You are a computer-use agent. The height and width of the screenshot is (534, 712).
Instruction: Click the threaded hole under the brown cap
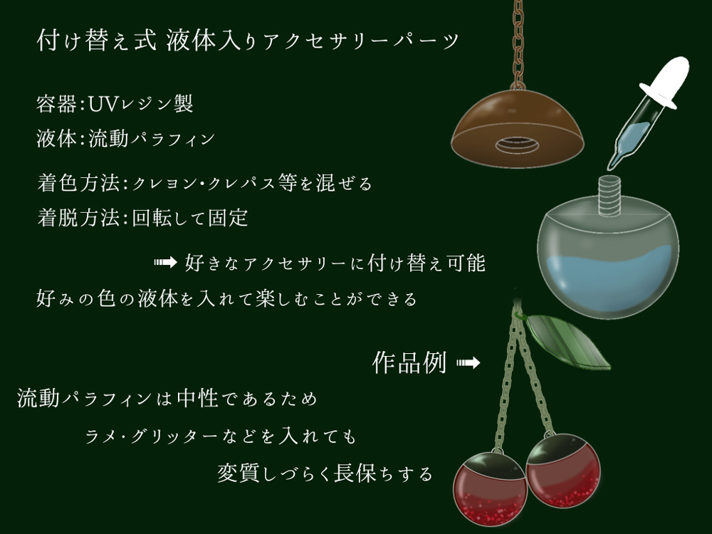click(x=517, y=146)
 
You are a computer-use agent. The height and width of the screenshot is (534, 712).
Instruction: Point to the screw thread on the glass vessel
click(x=609, y=195)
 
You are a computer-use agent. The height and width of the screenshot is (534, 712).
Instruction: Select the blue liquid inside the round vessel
click(x=609, y=281)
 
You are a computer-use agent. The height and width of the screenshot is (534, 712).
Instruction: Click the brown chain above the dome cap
click(x=518, y=44)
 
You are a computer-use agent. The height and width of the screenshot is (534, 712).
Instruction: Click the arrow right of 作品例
click(x=468, y=363)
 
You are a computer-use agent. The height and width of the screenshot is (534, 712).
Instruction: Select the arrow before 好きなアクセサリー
click(x=165, y=263)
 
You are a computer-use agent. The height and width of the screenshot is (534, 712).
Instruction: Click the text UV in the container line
click(x=103, y=104)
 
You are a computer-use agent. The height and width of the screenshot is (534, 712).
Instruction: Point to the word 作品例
click(x=409, y=363)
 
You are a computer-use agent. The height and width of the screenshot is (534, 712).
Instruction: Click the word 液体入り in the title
click(x=211, y=41)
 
